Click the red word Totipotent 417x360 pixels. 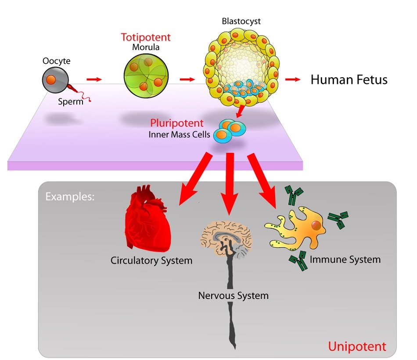(145, 37)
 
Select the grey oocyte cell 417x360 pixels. (52, 80)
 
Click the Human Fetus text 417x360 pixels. (349, 80)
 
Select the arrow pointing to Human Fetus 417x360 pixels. (292, 79)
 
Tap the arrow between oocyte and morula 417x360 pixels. (93, 79)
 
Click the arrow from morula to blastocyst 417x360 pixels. (187, 79)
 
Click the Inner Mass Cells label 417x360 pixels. (179, 134)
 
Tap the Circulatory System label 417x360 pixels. (151, 261)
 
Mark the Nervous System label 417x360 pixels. (233, 296)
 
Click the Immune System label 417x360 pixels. (345, 259)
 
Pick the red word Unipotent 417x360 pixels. (357, 346)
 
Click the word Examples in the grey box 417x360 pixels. (70, 197)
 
